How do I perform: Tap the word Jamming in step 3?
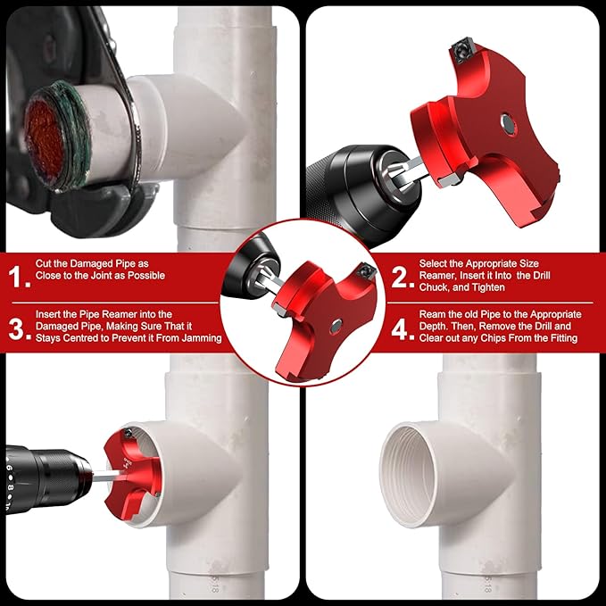(196, 338)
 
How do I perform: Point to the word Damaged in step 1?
(85, 264)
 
